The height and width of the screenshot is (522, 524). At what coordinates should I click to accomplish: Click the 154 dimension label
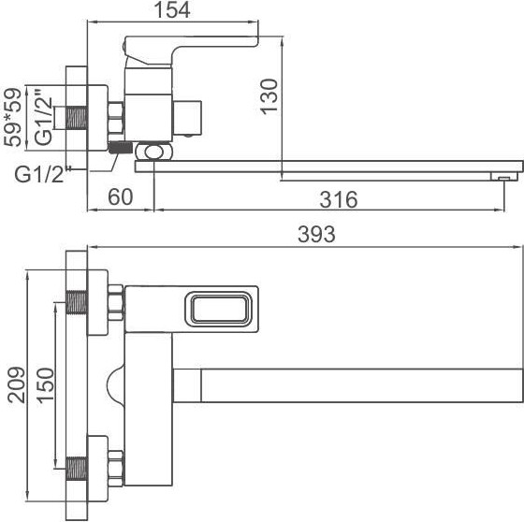[172, 10]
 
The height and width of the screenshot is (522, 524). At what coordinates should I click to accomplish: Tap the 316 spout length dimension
[338, 199]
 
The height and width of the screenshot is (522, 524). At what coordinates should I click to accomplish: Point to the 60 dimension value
[119, 198]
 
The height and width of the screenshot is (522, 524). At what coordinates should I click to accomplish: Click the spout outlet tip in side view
[505, 175]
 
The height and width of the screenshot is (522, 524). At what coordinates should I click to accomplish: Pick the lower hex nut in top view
[117, 464]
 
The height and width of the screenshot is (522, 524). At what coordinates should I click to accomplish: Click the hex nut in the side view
[117, 119]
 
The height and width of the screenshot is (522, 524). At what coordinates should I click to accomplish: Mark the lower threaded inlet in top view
[79, 464]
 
